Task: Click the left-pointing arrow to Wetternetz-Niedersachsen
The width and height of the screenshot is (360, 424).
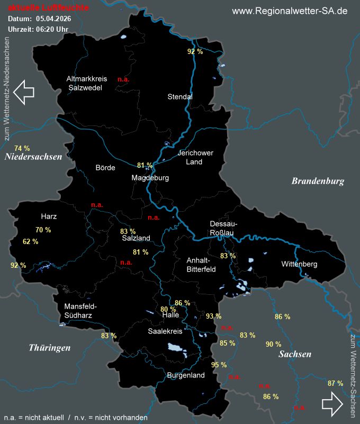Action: pyautogui.click(x=24, y=92)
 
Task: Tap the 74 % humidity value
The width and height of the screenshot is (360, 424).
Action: pyautogui.click(x=22, y=148)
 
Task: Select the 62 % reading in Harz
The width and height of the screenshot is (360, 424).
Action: pyautogui.click(x=31, y=241)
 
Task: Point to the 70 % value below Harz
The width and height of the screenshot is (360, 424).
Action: pyautogui.click(x=43, y=230)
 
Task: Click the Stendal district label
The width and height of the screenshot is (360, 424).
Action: pyautogui.click(x=180, y=97)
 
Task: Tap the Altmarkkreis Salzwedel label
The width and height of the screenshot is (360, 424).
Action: pyautogui.click(x=86, y=83)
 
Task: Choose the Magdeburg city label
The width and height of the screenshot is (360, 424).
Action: pyautogui.click(x=150, y=178)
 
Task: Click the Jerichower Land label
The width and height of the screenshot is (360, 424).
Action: pyautogui.click(x=195, y=157)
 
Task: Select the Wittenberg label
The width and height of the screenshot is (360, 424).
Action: pyautogui.click(x=299, y=264)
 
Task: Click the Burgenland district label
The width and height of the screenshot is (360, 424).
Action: pyautogui.click(x=185, y=375)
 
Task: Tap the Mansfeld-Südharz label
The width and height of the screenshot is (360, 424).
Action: pyautogui.click(x=80, y=311)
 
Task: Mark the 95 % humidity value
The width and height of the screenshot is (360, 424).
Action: pyautogui.click(x=219, y=365)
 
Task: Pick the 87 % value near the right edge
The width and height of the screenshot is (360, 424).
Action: pyautogui.click(x=335, y=383)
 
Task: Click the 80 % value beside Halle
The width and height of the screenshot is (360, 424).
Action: pyautogui.click(x=168, y=309)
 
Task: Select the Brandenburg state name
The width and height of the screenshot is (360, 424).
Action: pyautogui.click(x=318, y=181)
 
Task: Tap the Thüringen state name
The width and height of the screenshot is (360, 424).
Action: pyautogui.click(x=49, y=348)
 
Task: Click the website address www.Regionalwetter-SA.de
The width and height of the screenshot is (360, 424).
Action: pyautogui.click(x=290, y=11)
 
